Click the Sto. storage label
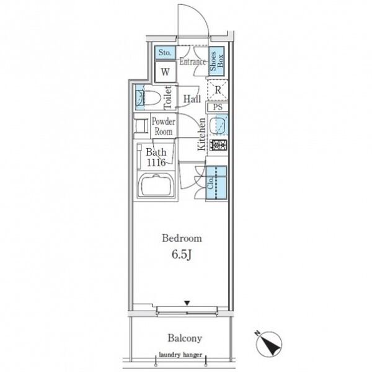click(x=165, y=52)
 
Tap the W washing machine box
click(x=166, y=72)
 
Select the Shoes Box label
click(x=216, y=61)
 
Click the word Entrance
click(x=192, y=61)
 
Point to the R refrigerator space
click(x=218, y=90)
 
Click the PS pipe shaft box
click(x=218, y=107)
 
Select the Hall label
click(x=192, y=99)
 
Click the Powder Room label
click(x=164, y=126)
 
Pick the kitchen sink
click(x=218, y=125)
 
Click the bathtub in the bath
click(x=156, y=185)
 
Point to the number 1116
click(x=156, y=162)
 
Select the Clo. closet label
click(x=211, y=183)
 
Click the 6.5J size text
click(x=182, y=255)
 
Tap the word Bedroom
click(x=182, y=238)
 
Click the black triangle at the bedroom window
click(x=187, y=303)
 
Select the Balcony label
click(x=185, y=339)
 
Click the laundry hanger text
click(x=180, y=355)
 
